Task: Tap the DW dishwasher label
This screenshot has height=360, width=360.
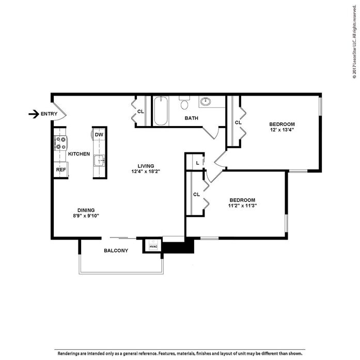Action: pos(99,135)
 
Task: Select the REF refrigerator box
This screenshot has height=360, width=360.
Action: pos(61,169)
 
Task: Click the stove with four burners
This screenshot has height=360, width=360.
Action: pos(61,143)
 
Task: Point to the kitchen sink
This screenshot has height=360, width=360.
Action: pos(99,161)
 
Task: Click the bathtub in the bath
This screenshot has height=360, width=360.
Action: pos(161,111)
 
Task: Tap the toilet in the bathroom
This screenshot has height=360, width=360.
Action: pos(184,103)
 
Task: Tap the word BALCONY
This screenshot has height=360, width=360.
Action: pos(116,251)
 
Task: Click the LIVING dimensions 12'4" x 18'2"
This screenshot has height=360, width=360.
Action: pos(146,171)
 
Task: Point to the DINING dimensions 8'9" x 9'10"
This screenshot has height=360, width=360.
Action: pos(86,215)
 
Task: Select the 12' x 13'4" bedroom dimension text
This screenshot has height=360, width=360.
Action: pos(282,130)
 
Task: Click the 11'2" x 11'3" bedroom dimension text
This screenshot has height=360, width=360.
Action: pos(242,206)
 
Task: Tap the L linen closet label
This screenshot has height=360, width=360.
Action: pos(197,163)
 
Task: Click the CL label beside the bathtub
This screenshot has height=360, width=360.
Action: pos(140,111)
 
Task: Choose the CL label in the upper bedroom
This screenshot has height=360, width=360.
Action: pos(238,123)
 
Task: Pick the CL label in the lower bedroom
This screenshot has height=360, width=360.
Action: pos(196,195)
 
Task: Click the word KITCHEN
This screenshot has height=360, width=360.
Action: pos(79,154)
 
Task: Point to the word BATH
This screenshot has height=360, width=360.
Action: pos(192,118)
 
